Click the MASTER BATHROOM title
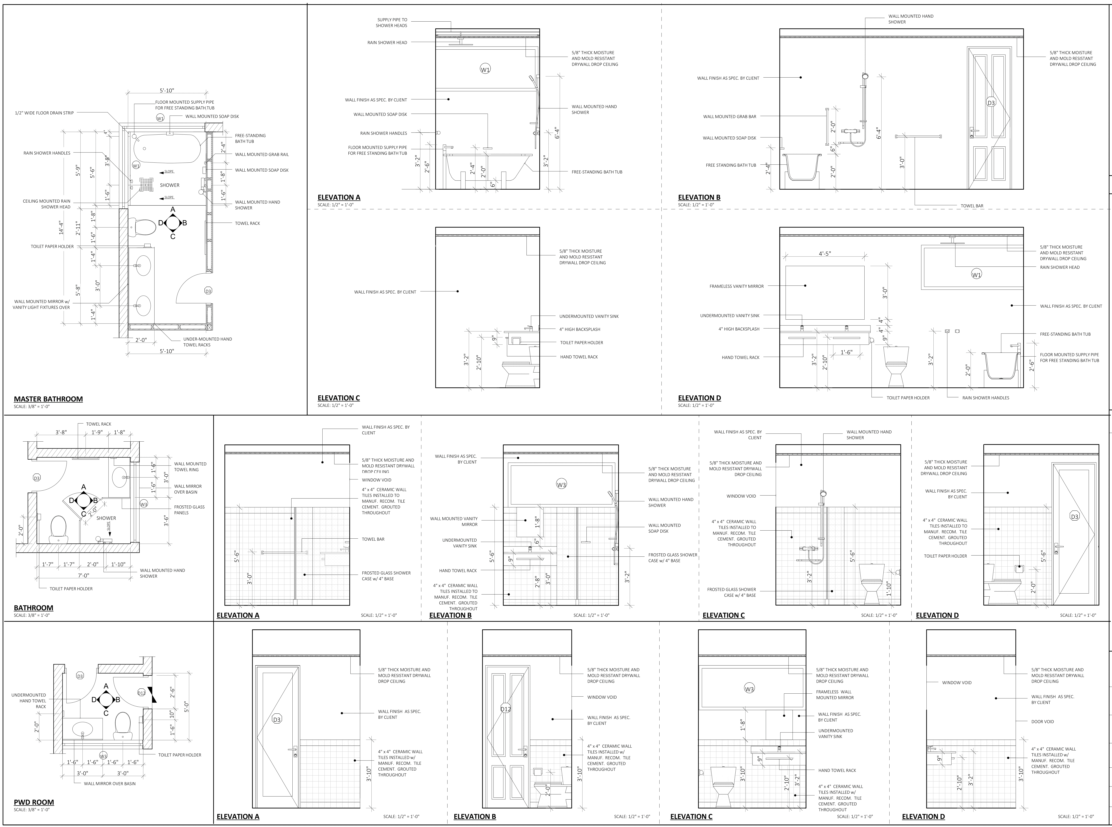pos(48,399)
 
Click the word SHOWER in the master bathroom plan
pos(170,185)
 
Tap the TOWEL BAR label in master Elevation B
pos(972,206)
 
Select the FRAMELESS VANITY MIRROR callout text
pos(736,286)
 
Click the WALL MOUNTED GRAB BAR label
pos(729,117)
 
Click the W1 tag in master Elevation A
pos(485,70)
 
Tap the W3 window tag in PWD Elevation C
pos(749,689)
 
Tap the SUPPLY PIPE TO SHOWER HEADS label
pos(392,22)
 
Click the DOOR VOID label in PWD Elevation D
pos(1042,721)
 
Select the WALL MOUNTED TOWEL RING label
pos(190,467)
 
